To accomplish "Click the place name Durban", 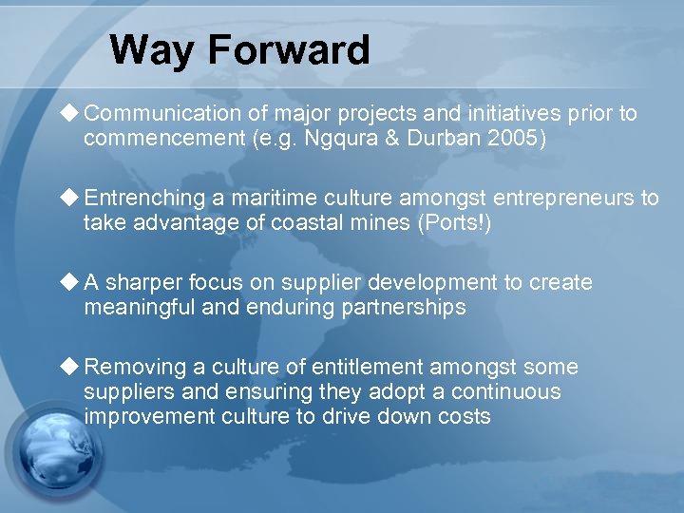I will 462,139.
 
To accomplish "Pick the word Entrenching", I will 144,199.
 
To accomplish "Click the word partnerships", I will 406,308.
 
